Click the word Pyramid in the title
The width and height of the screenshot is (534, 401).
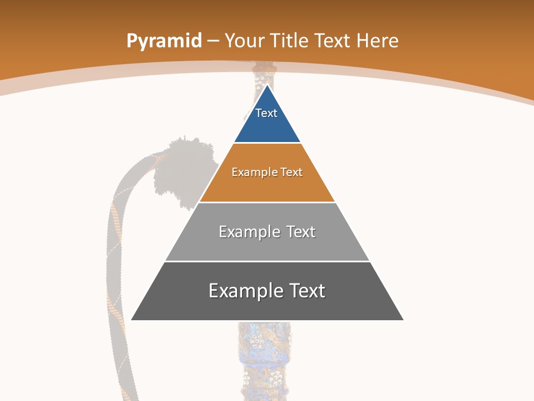click(164, 41)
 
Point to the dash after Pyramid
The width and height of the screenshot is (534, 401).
click(213, 41)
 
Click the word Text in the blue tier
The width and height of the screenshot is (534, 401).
click(266, 113)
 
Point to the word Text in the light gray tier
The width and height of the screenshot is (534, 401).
click(301, 232)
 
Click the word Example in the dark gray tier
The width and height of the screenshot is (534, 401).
click(245, 291)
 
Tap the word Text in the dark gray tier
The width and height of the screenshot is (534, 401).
click(308, 291)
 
